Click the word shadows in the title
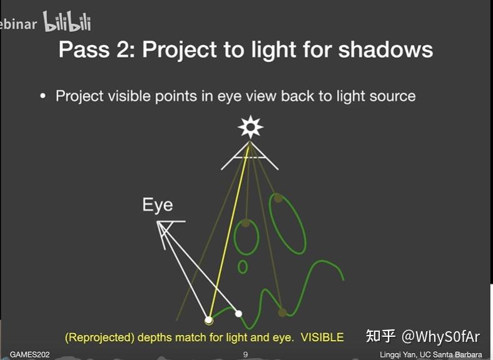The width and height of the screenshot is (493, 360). (x=385, y=50)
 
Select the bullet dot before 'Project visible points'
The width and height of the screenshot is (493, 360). (x=43, y=96)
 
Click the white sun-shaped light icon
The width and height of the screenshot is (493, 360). (x=250, y=127)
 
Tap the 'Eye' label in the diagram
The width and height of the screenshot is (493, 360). (x=158, y=205)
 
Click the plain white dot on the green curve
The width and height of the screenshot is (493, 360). (x=238, y=313)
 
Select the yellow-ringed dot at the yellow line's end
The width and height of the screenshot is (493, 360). (x=209, y=321)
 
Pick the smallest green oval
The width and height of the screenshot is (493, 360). (x=243, y=267)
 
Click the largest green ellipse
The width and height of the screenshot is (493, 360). (x=287, y=224)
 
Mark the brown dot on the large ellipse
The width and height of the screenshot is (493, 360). (x=276, y=198)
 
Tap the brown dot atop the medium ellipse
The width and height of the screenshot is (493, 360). (x=246, y=223)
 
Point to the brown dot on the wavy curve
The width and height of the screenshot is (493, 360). (x=282, y=312)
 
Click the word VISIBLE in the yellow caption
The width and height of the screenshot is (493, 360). (x=322, y=337)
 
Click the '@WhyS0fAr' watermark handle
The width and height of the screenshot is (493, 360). (x=440, y=337)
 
